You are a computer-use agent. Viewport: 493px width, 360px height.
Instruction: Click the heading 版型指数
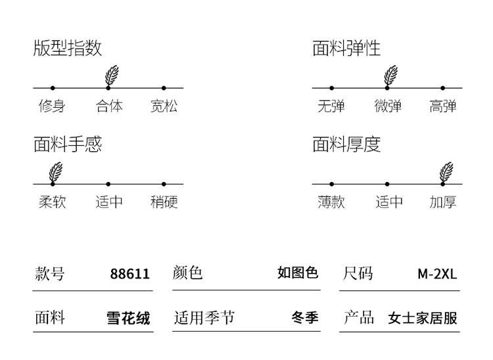pyautogui.click(x=68, y=48)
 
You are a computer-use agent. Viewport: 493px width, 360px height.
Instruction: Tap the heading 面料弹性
pyautogui.click(x=346, y=48)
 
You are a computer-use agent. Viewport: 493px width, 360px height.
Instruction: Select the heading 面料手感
pyautogui.click(x=68, y=144)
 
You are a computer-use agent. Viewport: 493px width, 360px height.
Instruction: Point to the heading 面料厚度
pyautogui.click(x=346, y=144)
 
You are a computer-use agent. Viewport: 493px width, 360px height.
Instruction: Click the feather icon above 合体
pyautogui.click(x=112, y=76)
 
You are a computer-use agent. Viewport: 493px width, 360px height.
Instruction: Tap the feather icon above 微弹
pyautogui.click(x=390, y=76)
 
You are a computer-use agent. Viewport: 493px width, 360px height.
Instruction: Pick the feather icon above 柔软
pyautogui.click(x=57, y=172)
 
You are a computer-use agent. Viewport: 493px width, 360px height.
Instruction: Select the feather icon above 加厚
pyautogui.click(x=447, y=172)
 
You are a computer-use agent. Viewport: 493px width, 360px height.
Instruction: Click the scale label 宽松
pyautogui.click(x=164, y=106)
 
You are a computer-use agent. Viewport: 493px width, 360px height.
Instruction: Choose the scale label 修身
pyautogui.click(x=52, y=106)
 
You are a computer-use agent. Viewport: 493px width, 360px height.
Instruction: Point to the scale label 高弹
pyautogui.click(x=443, y=106)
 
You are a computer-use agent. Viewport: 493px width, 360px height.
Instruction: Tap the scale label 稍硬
pyautogui.click(x=164, y=202)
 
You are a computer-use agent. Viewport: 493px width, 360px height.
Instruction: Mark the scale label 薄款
pyautogui.click(x=331, y=202)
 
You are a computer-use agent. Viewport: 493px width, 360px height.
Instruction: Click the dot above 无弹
pyautogui.click(x=331, y=87)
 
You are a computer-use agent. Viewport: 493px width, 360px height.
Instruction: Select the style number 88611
pyautogui.click(x=129, y=274)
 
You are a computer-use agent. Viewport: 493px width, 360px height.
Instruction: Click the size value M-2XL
pyautogui.click(x=437, y=274)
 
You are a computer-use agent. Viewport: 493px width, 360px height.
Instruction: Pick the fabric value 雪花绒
pyautogui.click(x=128, y=319)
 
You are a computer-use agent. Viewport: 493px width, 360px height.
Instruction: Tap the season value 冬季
pyautogui.click(x=305, y=318)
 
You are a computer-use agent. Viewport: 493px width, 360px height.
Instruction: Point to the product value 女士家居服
pyautogui.click(x=423, y=319)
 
